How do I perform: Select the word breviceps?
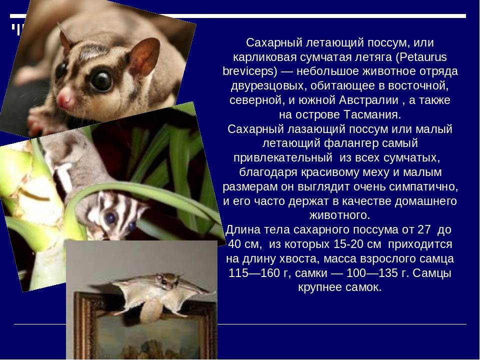point(250,71)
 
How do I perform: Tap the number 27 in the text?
point(423,229)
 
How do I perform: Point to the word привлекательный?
point(283,158)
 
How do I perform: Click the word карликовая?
point(265,57)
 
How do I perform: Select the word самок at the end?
point(364,287)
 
